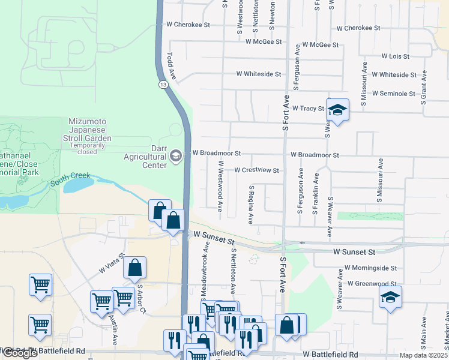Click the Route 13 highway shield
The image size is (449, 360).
[x=163, y=85]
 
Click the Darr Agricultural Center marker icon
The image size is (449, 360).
[x=176, y=156]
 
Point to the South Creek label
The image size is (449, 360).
[x=70, y=179]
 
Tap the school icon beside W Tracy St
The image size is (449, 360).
[x=338, y=110]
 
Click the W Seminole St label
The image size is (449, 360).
[x=393, y=94]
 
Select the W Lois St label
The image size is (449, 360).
[x=395, y=56]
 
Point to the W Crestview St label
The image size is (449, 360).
[x=256, y=170]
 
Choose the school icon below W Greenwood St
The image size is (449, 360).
[x=390, y=297]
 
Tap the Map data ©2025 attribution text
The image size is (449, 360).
[x=423, y=355]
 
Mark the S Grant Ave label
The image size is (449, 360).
[x=423, y=87]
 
